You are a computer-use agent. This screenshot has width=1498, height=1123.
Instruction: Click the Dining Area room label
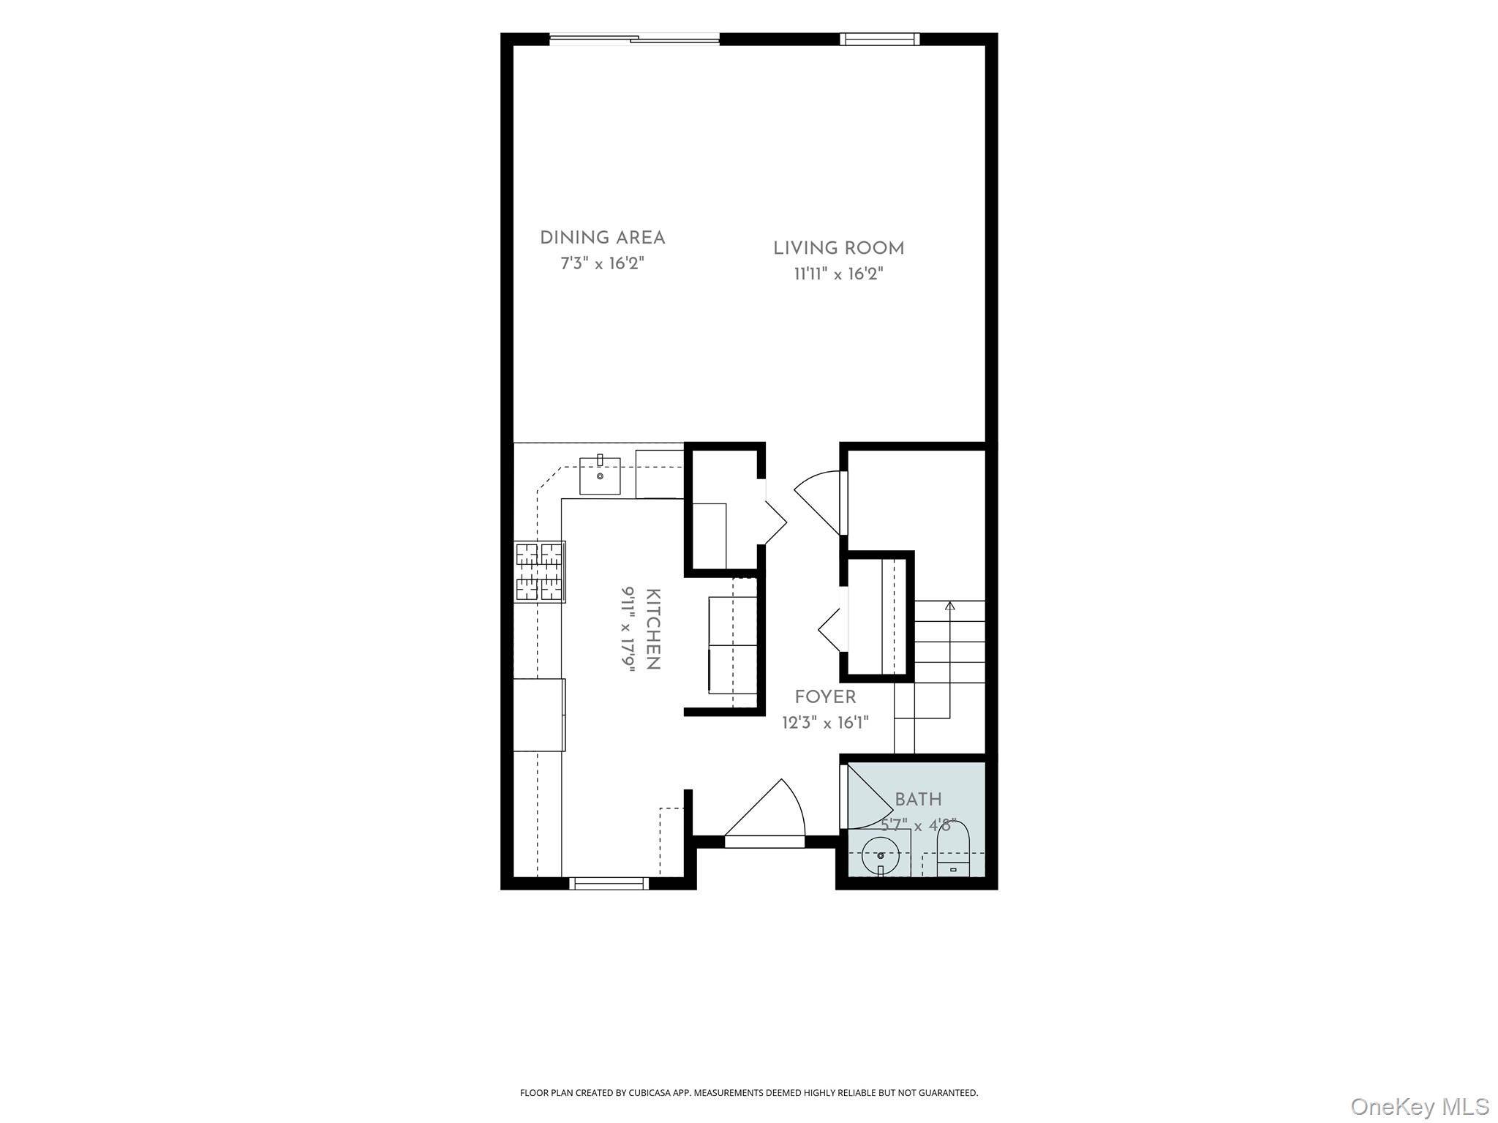pos(602,238)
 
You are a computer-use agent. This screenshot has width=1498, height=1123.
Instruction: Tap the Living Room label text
pos(839,249)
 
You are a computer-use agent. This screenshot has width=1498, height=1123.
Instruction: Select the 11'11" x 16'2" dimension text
pos(839,274)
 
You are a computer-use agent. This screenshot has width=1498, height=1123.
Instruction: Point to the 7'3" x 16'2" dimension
pos(602,263)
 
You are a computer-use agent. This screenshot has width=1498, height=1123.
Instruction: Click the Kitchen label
pos(653,629)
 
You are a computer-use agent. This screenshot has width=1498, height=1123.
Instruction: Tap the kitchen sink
pos(600,476)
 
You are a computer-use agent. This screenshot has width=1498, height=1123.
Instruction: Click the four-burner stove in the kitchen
pos(540,571)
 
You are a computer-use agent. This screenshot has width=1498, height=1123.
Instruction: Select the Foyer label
pos(825,697)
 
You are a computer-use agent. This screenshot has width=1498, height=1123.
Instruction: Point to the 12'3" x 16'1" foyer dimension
pos(825,724)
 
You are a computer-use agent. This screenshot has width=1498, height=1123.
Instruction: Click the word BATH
pos(918,800)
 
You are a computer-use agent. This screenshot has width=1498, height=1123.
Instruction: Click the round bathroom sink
pos(881,856)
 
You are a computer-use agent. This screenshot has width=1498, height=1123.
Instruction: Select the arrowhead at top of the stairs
pos(949,606)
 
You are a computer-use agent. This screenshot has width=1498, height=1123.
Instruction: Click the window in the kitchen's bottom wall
pos(609,884)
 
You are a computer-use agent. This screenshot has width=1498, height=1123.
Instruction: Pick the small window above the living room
pos(879,39)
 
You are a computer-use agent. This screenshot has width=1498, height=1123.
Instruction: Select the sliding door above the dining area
pos(634,39)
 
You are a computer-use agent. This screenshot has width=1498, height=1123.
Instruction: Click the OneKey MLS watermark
pos(1420,1107)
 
